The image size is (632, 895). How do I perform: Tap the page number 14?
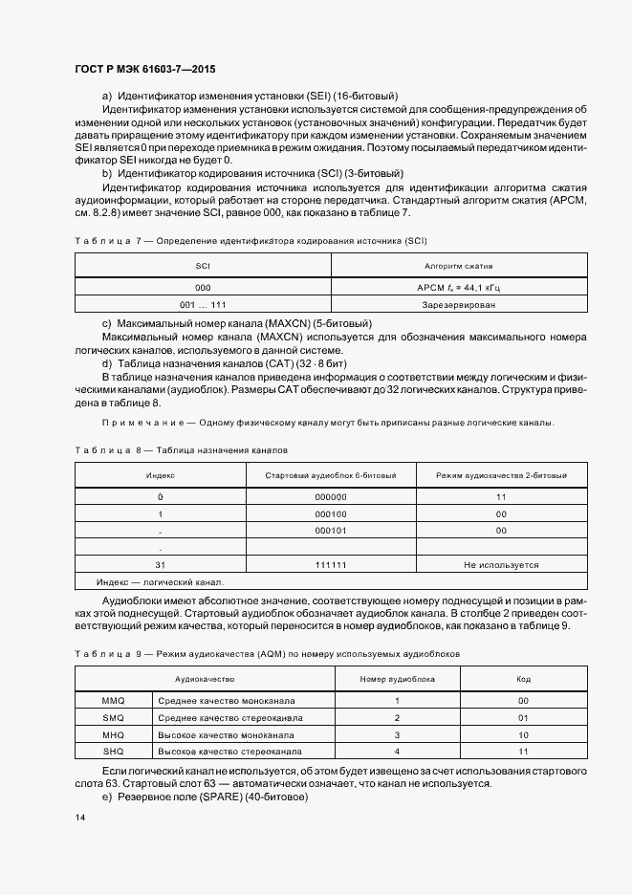click(x=79, y=819)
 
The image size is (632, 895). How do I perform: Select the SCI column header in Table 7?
click(x=203, y=266)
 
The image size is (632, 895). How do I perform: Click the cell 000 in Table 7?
click(x=203, y=287)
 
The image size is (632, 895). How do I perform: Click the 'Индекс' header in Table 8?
click(x=160, y=475)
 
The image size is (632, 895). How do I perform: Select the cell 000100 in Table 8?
click(x=330, y=513)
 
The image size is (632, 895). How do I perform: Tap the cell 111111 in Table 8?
click(x=330, y=565)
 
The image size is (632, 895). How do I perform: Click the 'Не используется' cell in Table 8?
click(x=501, y=565)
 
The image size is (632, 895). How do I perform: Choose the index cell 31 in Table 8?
click(x=160, y=565)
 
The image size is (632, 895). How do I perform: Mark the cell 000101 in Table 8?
click(x=330, y=531)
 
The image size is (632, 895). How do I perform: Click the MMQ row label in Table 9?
click(x=113, y=701)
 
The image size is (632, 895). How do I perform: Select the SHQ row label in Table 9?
click(x=113, y=753)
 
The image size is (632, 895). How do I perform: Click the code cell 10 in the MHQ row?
click(x=523, y=735)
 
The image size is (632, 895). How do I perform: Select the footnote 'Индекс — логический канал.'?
click(x=160, y=581)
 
